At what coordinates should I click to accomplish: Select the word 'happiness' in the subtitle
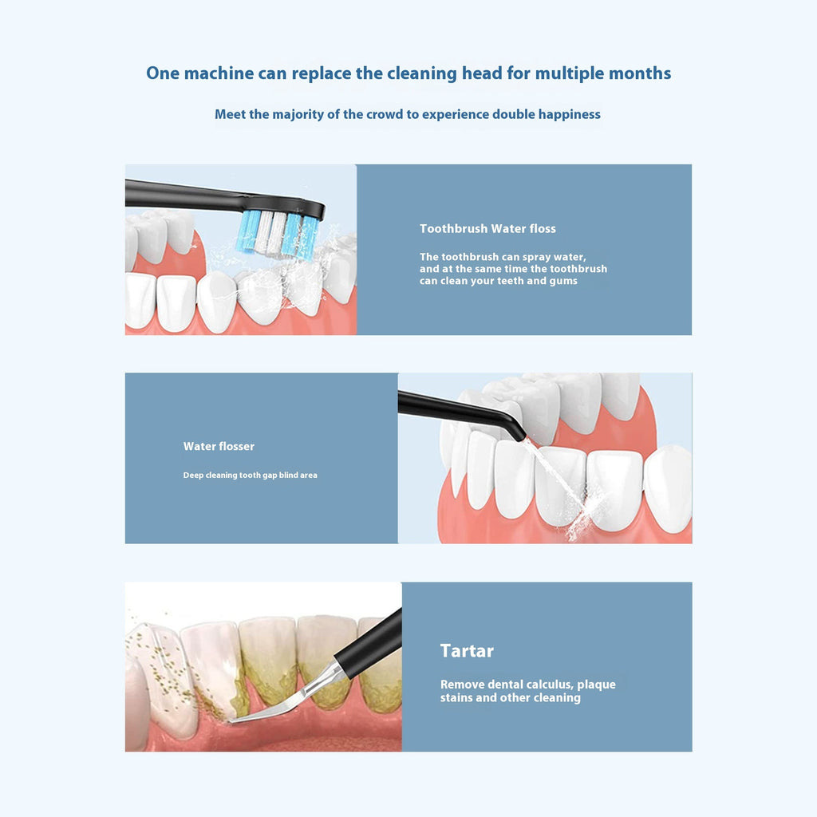569,114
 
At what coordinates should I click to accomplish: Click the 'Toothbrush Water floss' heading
487,229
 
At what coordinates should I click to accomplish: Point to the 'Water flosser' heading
219,446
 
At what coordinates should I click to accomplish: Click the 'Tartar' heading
467,650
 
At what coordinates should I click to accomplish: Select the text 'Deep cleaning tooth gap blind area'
250,475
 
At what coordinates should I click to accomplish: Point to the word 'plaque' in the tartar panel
596,685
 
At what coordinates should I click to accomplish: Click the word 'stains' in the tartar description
457,698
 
